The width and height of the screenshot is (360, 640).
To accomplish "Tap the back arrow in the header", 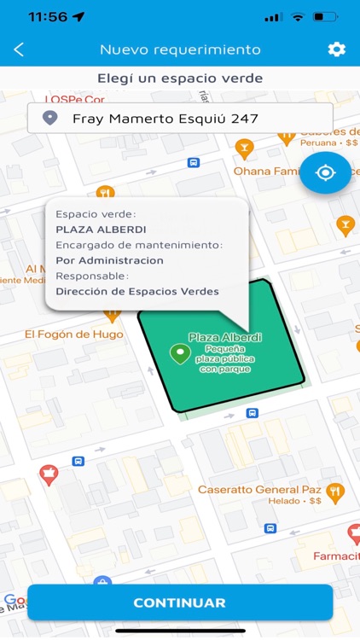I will coord(19,49).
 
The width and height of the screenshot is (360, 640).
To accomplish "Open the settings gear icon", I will coord(336,49).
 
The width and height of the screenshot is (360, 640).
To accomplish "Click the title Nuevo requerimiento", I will coord(180,49).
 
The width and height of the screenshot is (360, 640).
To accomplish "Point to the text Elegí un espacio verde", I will coord(180,79).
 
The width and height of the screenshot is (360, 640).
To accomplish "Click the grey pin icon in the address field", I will coord(50,118).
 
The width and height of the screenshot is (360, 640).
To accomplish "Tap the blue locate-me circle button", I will coord(325,173).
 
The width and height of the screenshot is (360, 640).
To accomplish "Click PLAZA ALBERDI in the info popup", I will coord(101,229).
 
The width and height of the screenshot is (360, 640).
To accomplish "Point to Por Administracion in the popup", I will coord(109,260).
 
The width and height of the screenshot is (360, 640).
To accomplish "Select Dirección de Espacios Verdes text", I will coord(136,291).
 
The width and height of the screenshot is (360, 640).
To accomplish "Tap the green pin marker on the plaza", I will coord(179,352).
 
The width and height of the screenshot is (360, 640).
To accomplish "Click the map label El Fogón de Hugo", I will coord(73,334).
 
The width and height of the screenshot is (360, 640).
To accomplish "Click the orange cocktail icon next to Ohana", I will coord(245,150).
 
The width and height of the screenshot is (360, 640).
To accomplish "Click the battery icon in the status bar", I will coord(325,16).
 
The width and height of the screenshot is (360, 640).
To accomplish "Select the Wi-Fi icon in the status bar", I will coord(298,16).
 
